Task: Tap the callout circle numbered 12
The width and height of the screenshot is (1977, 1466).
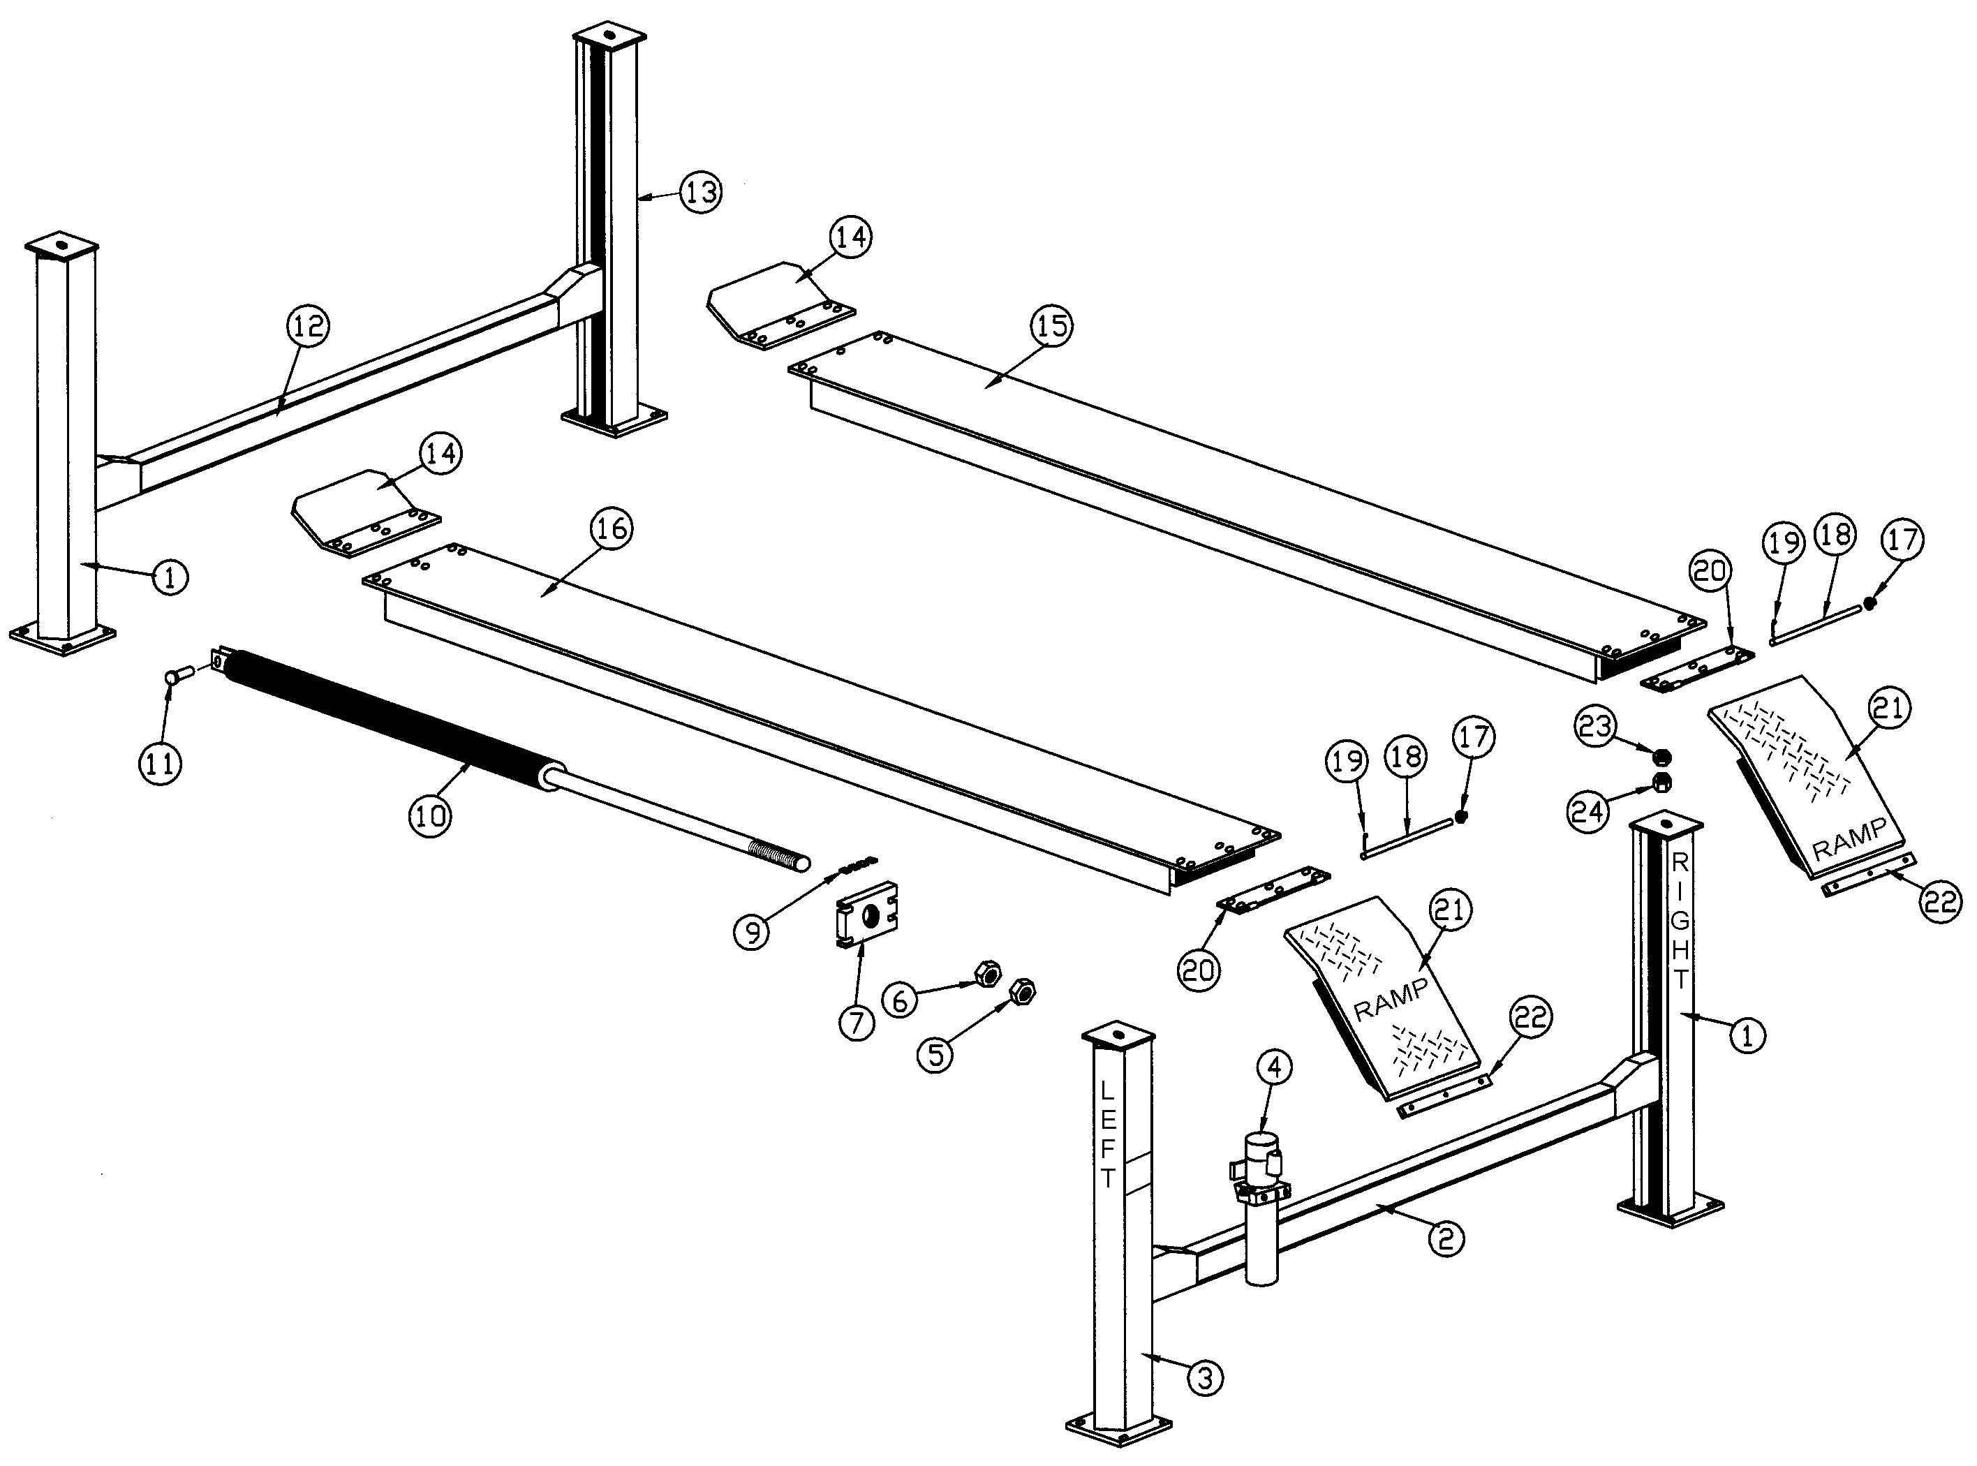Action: [308, 327]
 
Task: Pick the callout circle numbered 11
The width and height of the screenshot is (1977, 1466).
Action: [160, 762]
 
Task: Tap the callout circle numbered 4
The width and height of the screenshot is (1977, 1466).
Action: [1273, 1069]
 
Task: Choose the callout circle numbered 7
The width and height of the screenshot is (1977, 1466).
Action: [855, 1023]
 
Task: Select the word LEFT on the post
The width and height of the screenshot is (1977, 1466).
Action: [1109, 1134]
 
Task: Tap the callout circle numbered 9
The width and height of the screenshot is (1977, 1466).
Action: [753, 932]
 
